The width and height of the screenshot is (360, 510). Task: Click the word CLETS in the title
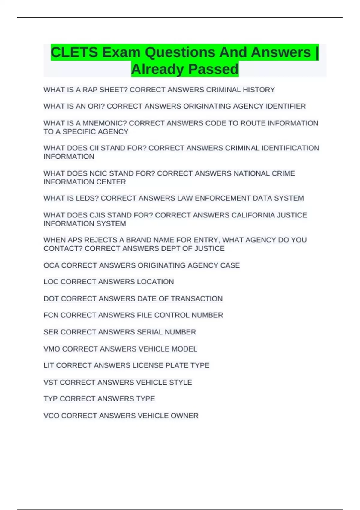point(74,52)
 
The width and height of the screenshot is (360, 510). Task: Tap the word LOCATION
point(155,282)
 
